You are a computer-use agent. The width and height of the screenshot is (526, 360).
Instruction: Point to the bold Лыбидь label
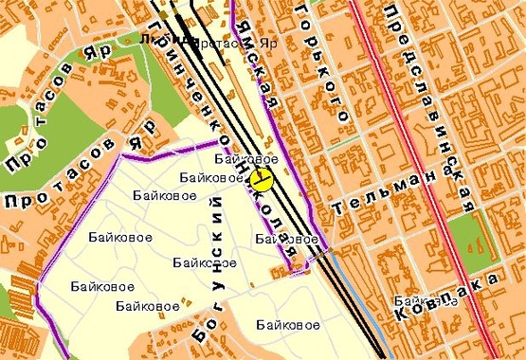(155, 40)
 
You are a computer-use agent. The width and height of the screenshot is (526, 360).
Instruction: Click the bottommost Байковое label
(286, 325)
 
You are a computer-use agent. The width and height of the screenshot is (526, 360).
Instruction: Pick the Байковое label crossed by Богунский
(205, 261)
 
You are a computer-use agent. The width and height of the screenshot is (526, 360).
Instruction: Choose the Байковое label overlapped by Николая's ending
(286, 240)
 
